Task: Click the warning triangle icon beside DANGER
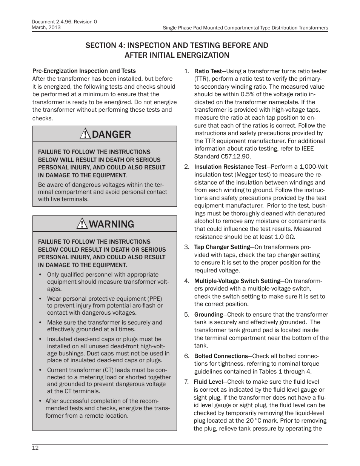pyautogui.click(x=85, y=134)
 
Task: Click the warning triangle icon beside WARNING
pyautogui.click(x=82, y=224)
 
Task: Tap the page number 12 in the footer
pyautogui.click(x=35, y=448)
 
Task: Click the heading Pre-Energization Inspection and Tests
pyautogui.click(x=84, y=71)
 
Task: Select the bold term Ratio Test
pyautogui.click(x=208, y=71)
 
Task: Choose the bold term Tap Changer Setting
pyautogui.click(x=222, y=247)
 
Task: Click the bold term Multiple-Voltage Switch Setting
pyautogui.click(x=237, y=281)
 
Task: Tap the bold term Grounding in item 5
pyautogui.click(x=208, y=314)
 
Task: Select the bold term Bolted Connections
pyautogui.click(x=221, y=356)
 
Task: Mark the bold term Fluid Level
pyautogui.click(x=208, y=382)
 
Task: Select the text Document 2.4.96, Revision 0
pyautogui.click(x=64, y=22)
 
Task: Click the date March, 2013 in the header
pyautogui.click(x=46, y=28)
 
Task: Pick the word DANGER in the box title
pyautogui.click(x=111, y=134)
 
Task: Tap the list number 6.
pyautogui.click(x=186, y=356)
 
